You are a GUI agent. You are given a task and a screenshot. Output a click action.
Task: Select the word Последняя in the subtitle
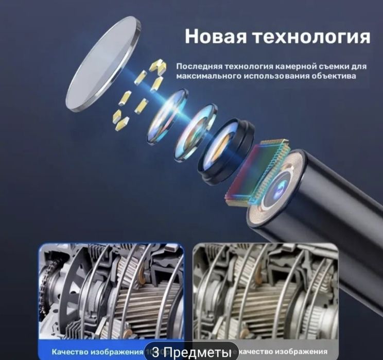[x=196, y=66]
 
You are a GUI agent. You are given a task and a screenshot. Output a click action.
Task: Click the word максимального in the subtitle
[x=203, y=76]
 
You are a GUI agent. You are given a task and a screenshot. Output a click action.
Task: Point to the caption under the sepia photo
[x=288, y=352]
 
